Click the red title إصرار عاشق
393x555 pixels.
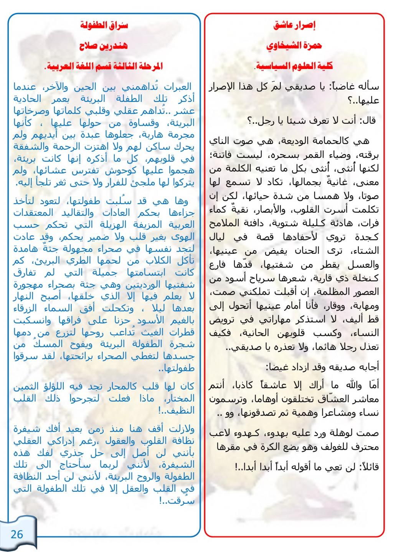click(294, 26)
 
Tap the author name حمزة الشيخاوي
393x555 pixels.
click(294, 46)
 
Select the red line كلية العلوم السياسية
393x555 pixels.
click(294, 66)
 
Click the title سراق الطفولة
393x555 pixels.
click(104, 26)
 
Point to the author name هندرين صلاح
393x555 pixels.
click(104, 46)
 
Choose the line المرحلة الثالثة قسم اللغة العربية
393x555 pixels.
click(104, 66)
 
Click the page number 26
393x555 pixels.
click(17, 534)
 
